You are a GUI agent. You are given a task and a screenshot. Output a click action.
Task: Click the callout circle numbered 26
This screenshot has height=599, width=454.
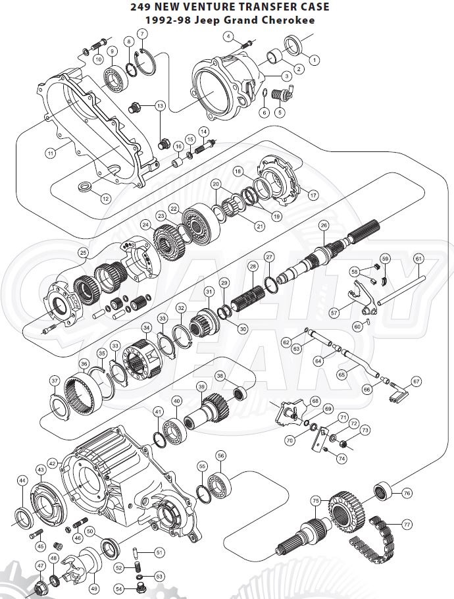[323, 225]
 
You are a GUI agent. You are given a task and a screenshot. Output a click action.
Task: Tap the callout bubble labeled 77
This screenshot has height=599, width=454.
[407, 525]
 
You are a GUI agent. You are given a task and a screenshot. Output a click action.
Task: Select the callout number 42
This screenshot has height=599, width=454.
[52, 463]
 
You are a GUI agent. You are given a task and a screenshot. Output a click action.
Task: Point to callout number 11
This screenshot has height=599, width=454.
[50, 153]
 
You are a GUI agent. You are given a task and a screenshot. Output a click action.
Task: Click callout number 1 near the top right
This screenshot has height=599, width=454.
[314, 59]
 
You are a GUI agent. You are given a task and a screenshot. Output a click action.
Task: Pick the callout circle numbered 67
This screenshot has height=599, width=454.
[416, 381]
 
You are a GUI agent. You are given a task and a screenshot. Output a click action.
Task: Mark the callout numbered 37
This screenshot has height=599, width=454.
[55, 380]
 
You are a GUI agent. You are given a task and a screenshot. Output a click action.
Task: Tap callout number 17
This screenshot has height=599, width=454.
[313, 195]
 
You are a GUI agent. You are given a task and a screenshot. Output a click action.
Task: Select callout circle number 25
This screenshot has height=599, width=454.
[83, 253]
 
